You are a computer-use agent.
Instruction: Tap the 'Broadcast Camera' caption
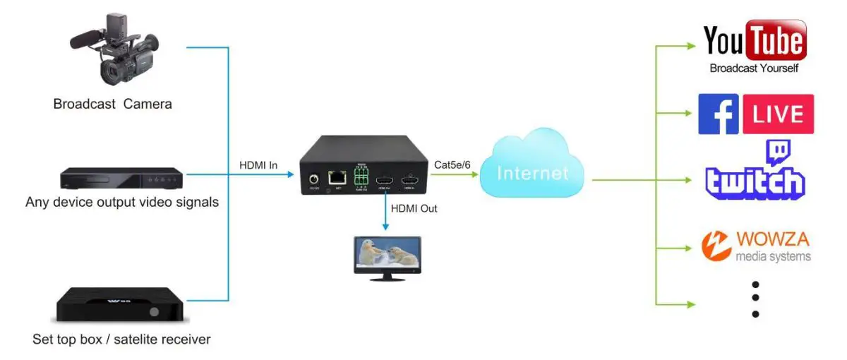tap(113, 104)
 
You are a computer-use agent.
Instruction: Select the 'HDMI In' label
tap(258, 166)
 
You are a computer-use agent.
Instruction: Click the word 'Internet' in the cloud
tap(533, 173)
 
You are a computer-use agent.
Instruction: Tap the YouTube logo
tap(755, 42)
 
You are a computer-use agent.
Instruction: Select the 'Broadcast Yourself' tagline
tap(754, 68)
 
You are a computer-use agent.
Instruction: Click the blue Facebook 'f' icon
tap(718, 114)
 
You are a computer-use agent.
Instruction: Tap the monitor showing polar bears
tap(386, 255)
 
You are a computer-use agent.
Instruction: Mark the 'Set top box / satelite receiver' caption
tap(121, 340)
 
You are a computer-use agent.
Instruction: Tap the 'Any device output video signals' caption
tap(121, 203)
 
